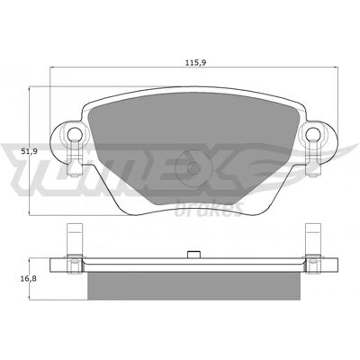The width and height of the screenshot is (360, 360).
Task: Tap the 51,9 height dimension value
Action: pyautogui.click(x=30, y=152)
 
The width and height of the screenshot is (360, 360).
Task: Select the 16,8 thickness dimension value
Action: pyautogui.click(x=29, y=279)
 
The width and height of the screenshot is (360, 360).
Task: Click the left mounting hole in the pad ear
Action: pyautogui.click(x=75, y=134)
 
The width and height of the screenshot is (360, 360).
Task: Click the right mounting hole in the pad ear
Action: pyautogui.click(x=313, y=134)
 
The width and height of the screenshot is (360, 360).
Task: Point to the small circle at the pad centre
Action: pyautogui.click(x=193, y=168)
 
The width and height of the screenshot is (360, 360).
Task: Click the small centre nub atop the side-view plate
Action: pyautogui.click(x=193, y=255)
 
